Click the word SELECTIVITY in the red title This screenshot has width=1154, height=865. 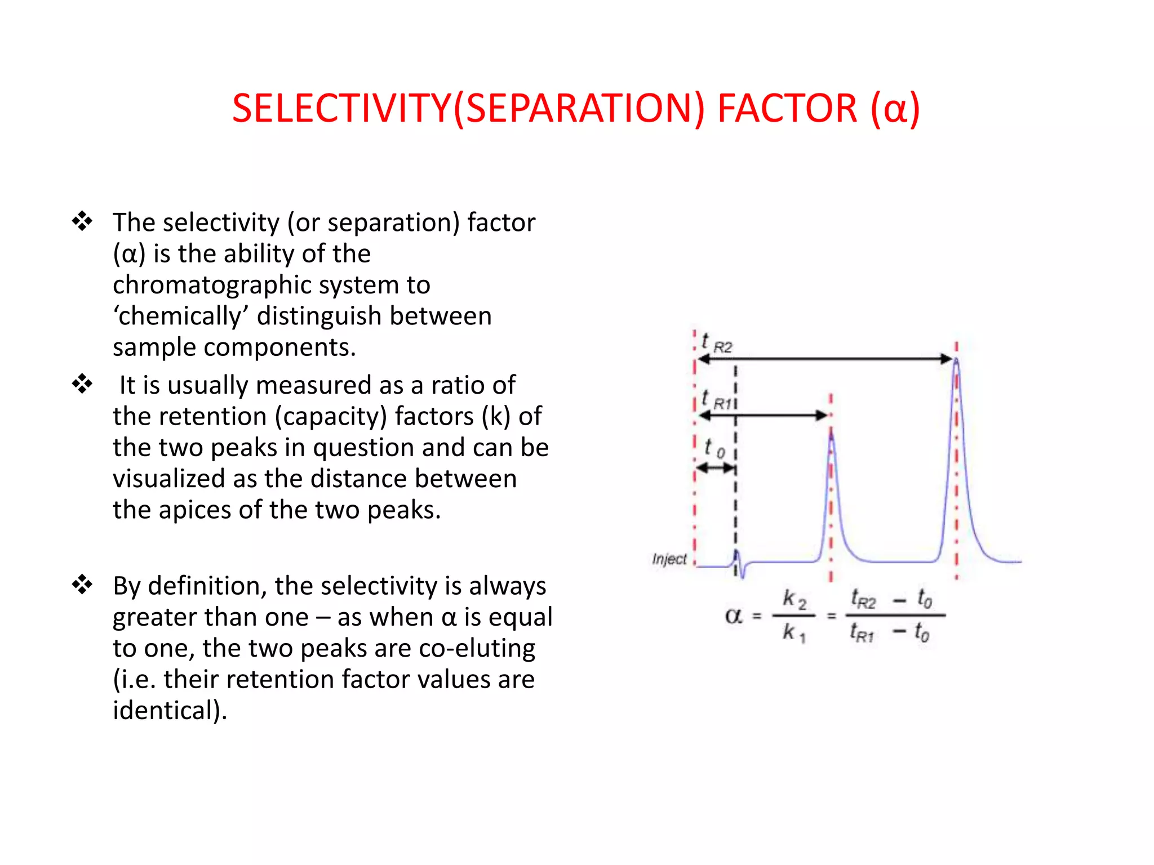click(x=341, y=108)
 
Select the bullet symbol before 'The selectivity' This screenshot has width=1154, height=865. click(x=82, y=221)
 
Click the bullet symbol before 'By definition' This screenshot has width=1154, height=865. click(x=82, y=585)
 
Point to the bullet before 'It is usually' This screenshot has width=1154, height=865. click(x=82, y=384)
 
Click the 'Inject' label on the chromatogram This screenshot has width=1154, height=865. click(x=669, y=559)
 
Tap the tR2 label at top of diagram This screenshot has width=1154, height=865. click(x=716, y=343)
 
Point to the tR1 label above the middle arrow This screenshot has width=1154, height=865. click(x=716, y=400)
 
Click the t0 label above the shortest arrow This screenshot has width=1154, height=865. click(x=714, y=448)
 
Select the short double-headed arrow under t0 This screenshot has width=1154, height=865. click(x=716, y=467)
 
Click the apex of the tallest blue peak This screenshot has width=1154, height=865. click(x=956, y=360)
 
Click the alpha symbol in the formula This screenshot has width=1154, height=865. click(x=733, y=616)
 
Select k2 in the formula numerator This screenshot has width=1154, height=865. click(x=794, y=599)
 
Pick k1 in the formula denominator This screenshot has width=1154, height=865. click(x=793, y=633)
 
